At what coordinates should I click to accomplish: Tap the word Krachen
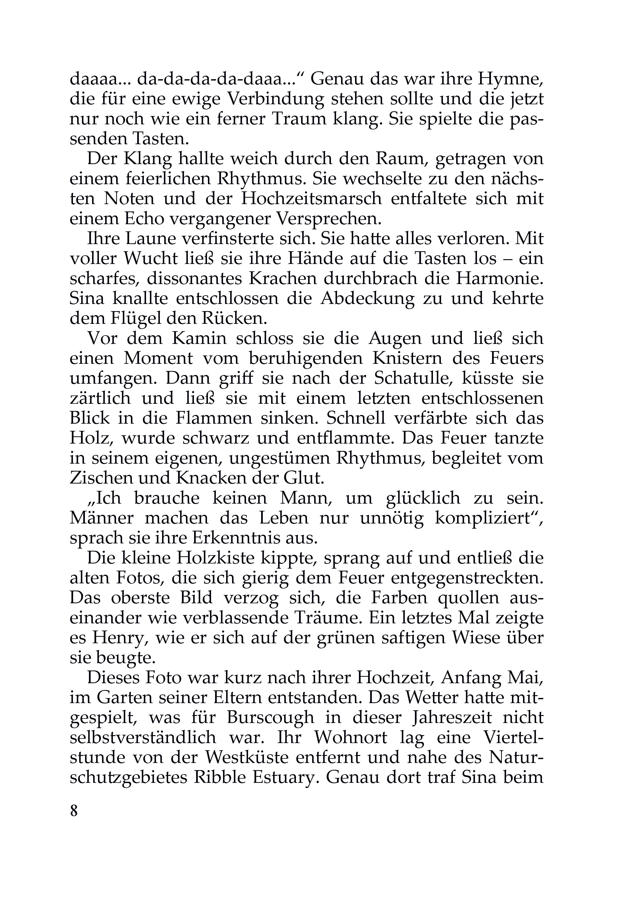(281, 279)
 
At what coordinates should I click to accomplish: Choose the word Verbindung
(275, 99)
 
